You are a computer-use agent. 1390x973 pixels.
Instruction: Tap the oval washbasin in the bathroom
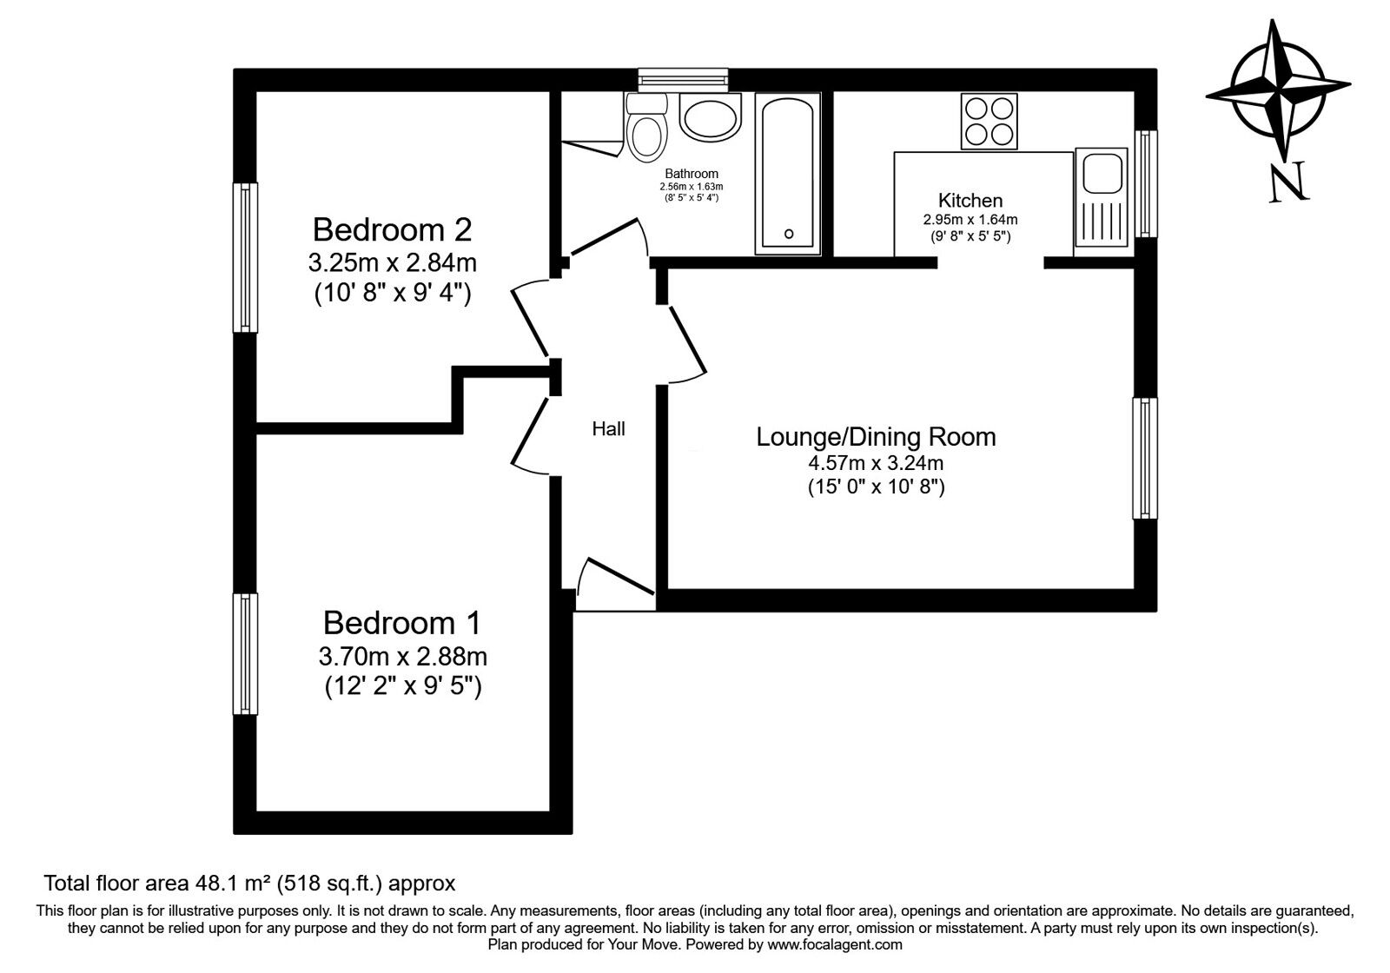[x=711, y=118]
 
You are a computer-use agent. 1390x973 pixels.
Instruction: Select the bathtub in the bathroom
[x=788, y=174]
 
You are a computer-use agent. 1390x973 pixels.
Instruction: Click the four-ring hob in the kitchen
[x=990, y=121]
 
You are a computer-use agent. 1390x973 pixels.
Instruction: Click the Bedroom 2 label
[x=392, y=230]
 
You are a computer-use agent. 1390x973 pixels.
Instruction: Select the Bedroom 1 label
[x=401, y=623]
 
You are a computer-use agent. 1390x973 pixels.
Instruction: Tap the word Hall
[x=608, y=428]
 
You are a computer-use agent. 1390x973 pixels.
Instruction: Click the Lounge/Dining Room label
[x=876, y=436]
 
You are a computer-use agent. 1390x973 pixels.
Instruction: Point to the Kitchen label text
[x=970, y=201]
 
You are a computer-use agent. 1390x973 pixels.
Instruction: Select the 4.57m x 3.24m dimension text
[x=876, y=463]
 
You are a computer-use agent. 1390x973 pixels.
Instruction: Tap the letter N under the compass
[x=1288, y=183]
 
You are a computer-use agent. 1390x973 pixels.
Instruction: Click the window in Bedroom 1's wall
[x=246, y=653]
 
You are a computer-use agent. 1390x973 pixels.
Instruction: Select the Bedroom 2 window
[x=246, y=257]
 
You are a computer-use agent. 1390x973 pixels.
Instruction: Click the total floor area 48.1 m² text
[x=249, y=884]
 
